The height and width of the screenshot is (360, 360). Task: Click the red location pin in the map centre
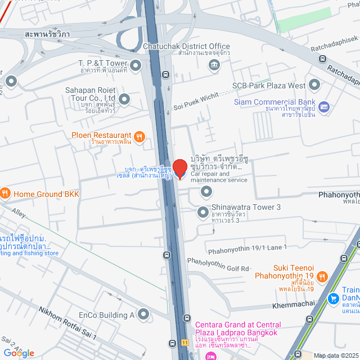click(179, 168)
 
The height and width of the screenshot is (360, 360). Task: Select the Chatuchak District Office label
click(186, 46)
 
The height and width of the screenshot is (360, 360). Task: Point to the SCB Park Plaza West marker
click(314, 85)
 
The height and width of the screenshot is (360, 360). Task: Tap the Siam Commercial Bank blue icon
click(323, 106)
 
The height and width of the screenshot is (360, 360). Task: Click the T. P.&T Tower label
click(103, 63)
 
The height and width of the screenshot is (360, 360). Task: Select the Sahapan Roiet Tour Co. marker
click(124, 100)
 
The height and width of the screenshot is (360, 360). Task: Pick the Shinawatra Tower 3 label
click(245, 208)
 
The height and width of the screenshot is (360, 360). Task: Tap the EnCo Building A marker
click(143, 314)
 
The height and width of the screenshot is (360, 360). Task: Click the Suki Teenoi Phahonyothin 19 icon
click(322, 276)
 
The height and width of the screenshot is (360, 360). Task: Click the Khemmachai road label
click(293, 304)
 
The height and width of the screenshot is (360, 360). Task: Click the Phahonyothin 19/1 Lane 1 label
click(247, 247)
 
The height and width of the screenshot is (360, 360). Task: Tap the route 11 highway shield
click(184, 342)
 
